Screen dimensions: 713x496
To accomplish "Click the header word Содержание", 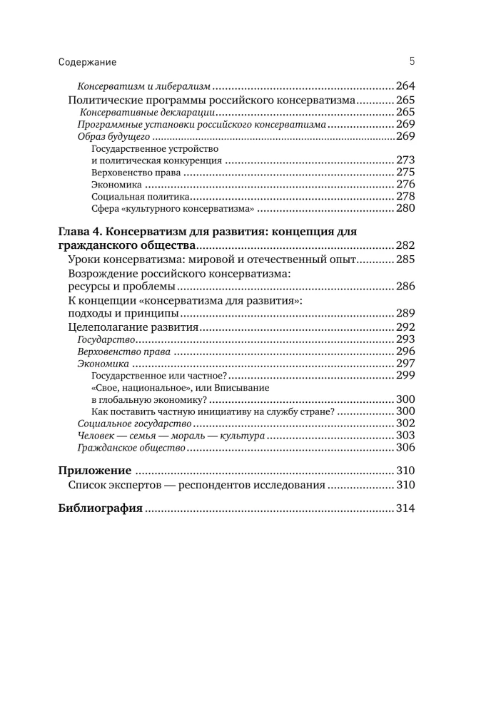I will [x=87, y=62].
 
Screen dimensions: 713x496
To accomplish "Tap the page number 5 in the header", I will [x=412, y=61].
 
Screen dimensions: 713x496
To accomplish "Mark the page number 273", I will [x=405, y=160].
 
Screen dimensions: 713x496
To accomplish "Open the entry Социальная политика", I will [x=141, y=197].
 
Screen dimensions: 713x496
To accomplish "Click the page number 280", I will [x=405, y=209].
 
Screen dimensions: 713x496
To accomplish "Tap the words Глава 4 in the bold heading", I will [x=80, y=232].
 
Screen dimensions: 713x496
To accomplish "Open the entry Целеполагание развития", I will [x=133, y=327].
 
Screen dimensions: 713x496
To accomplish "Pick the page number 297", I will [x=405, y=364].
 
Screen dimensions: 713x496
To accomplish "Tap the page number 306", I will [x=405, y=448].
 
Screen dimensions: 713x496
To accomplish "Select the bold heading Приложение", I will [x=94, y=471].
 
